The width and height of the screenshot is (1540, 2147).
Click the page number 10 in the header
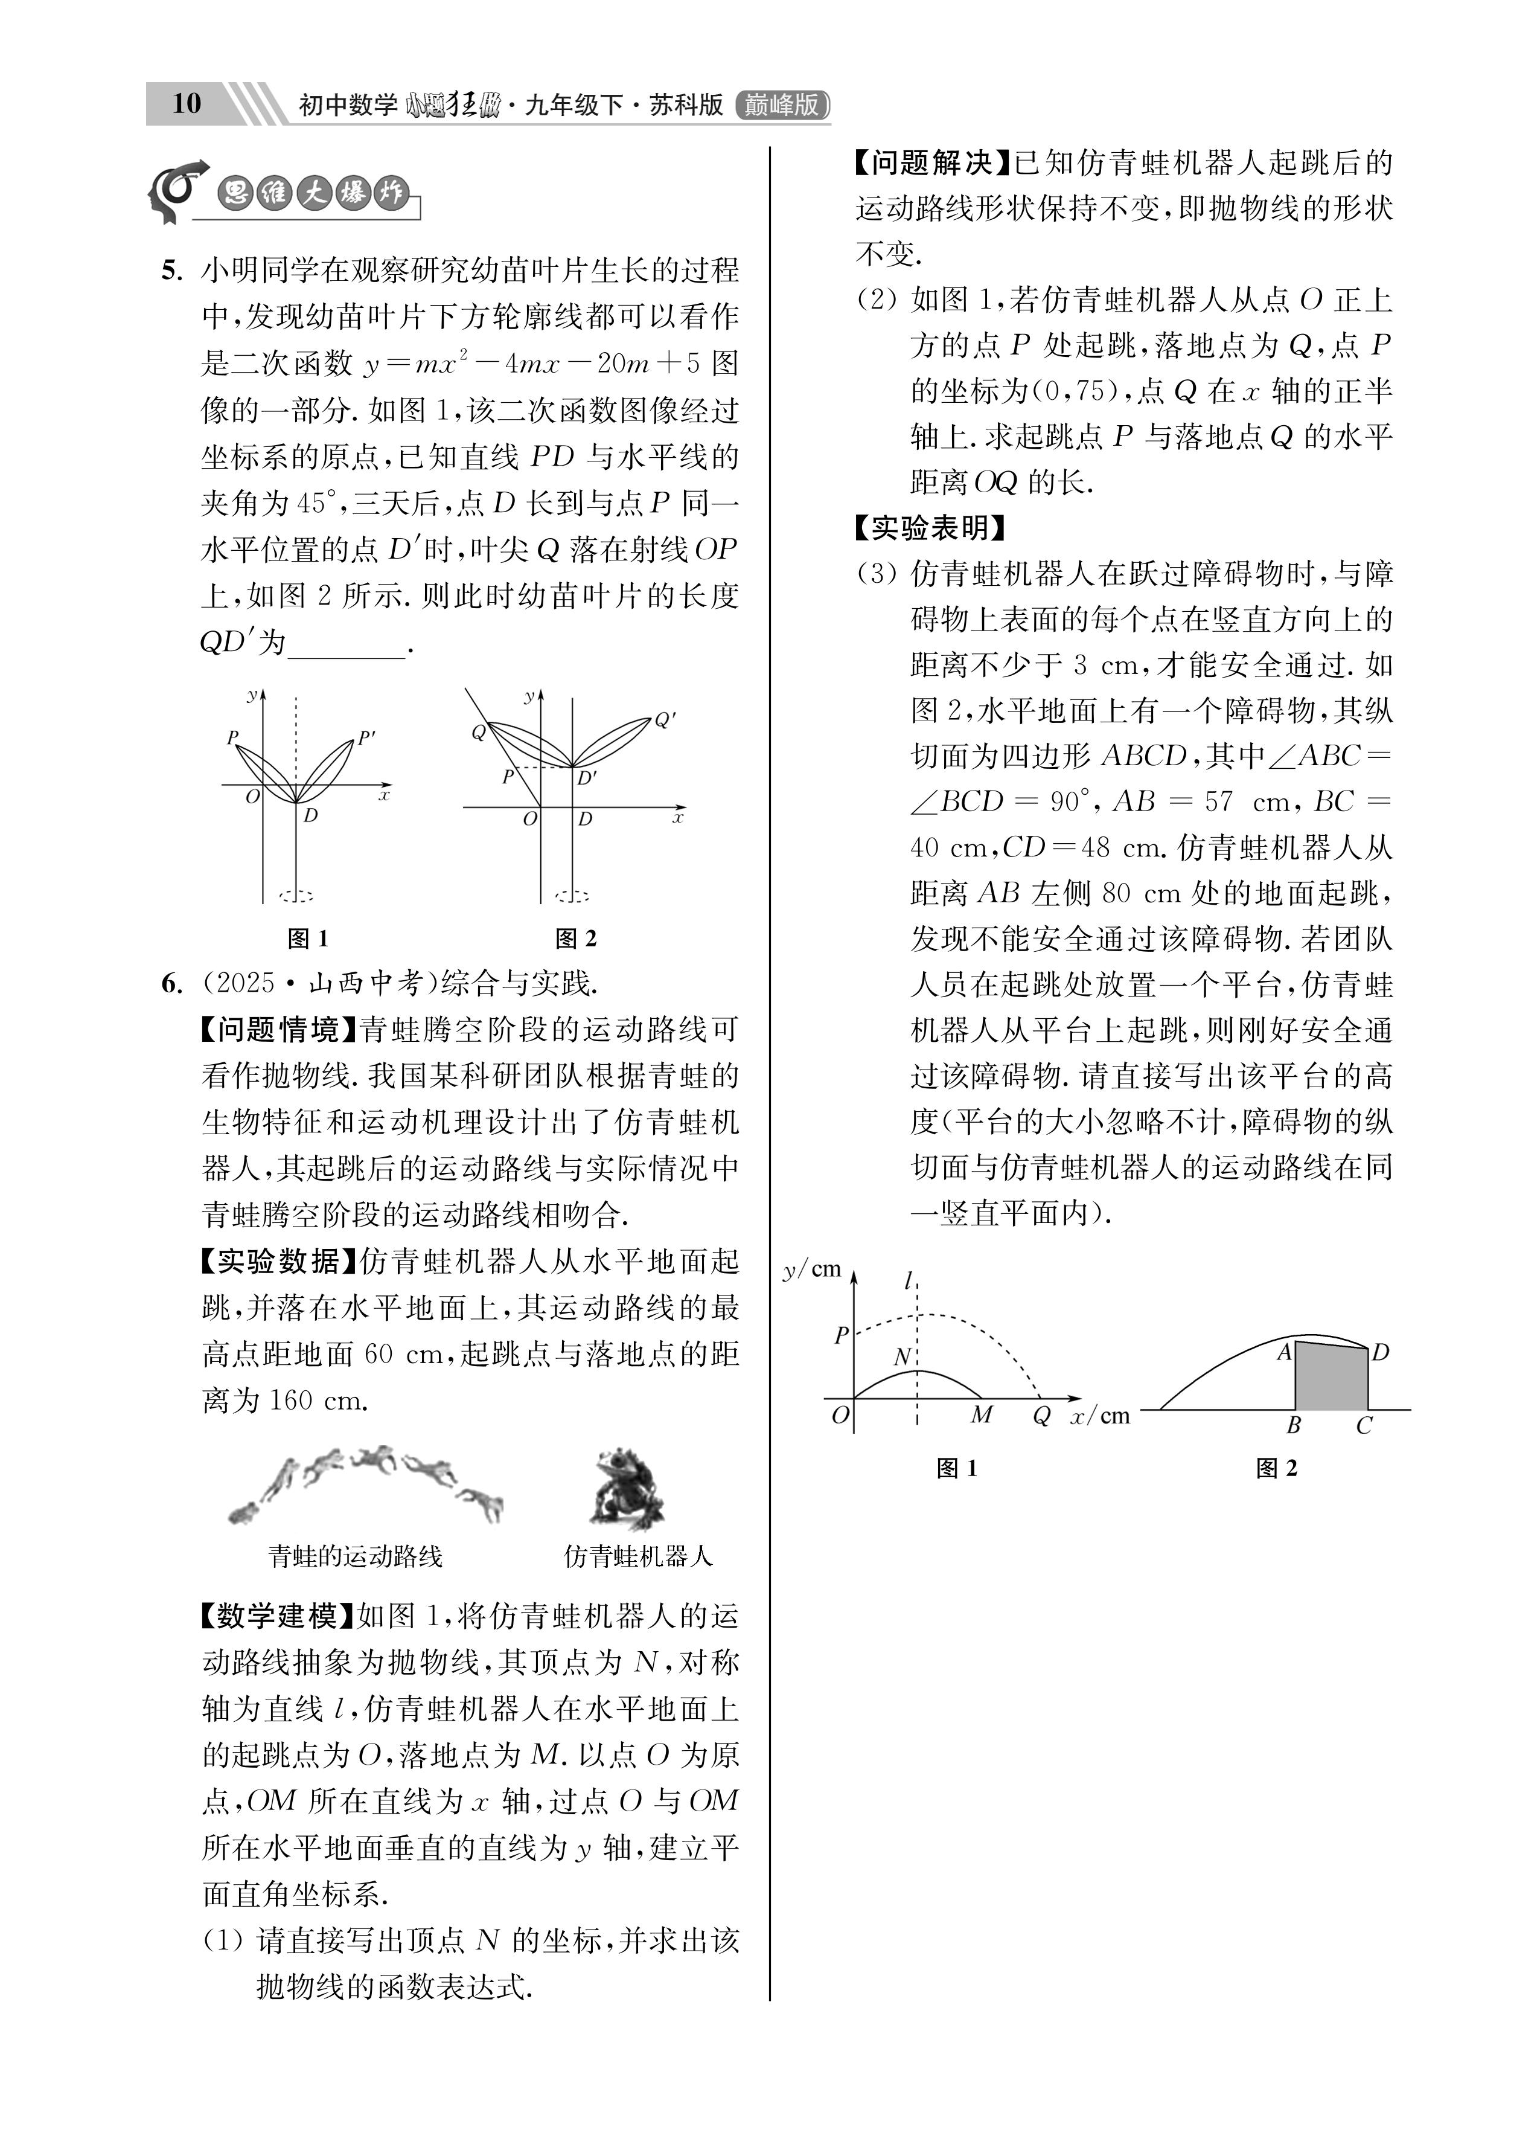(187, 103)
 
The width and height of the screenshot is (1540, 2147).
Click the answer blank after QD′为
(345, 644)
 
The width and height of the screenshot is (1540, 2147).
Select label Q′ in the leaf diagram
(665, 720)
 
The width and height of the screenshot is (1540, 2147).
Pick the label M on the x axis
(982, 1414)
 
